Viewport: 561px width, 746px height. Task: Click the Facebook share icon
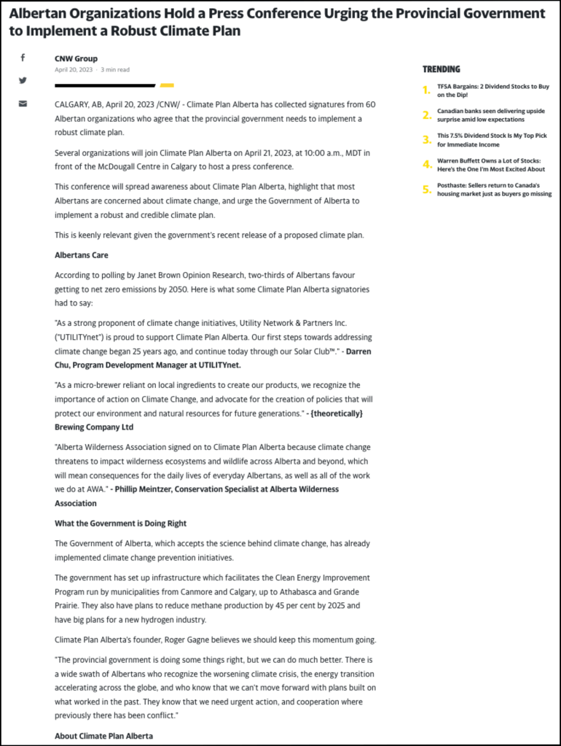[23, 58]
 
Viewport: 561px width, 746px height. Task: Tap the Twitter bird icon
[23, 80]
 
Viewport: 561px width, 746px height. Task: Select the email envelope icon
[23, 104]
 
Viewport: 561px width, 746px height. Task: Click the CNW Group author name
[76, 58]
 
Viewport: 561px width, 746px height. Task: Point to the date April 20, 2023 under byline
[74, 70]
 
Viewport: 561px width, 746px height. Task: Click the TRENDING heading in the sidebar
[442, 69]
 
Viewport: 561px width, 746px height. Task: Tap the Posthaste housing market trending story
[494, 190]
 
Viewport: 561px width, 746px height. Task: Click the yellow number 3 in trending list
[427, 140]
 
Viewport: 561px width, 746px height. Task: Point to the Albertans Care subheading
[83, 255]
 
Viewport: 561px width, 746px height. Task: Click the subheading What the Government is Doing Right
[120, 523]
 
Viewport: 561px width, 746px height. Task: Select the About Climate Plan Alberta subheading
[103, 736]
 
